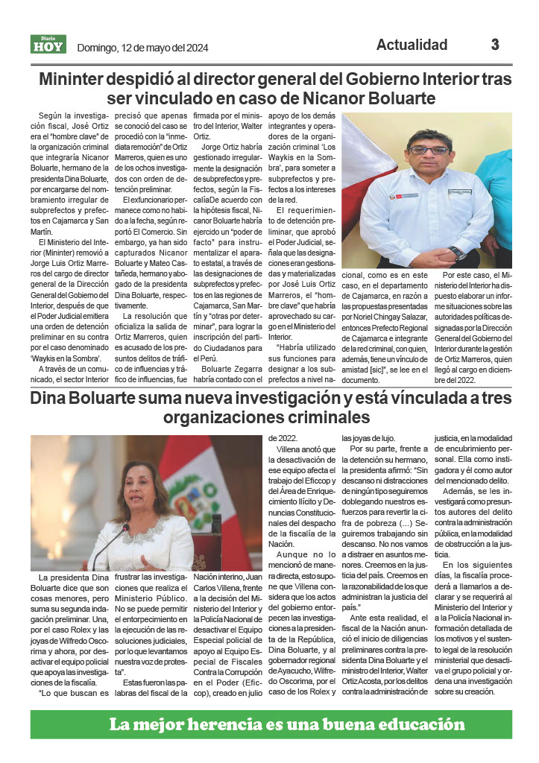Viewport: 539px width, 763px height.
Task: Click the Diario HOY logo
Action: (48, 45)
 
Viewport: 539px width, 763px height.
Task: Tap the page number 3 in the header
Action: (495, 45)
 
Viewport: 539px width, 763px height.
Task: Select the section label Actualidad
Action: (412, 45)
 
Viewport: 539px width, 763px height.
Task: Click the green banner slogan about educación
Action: (286, 724)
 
